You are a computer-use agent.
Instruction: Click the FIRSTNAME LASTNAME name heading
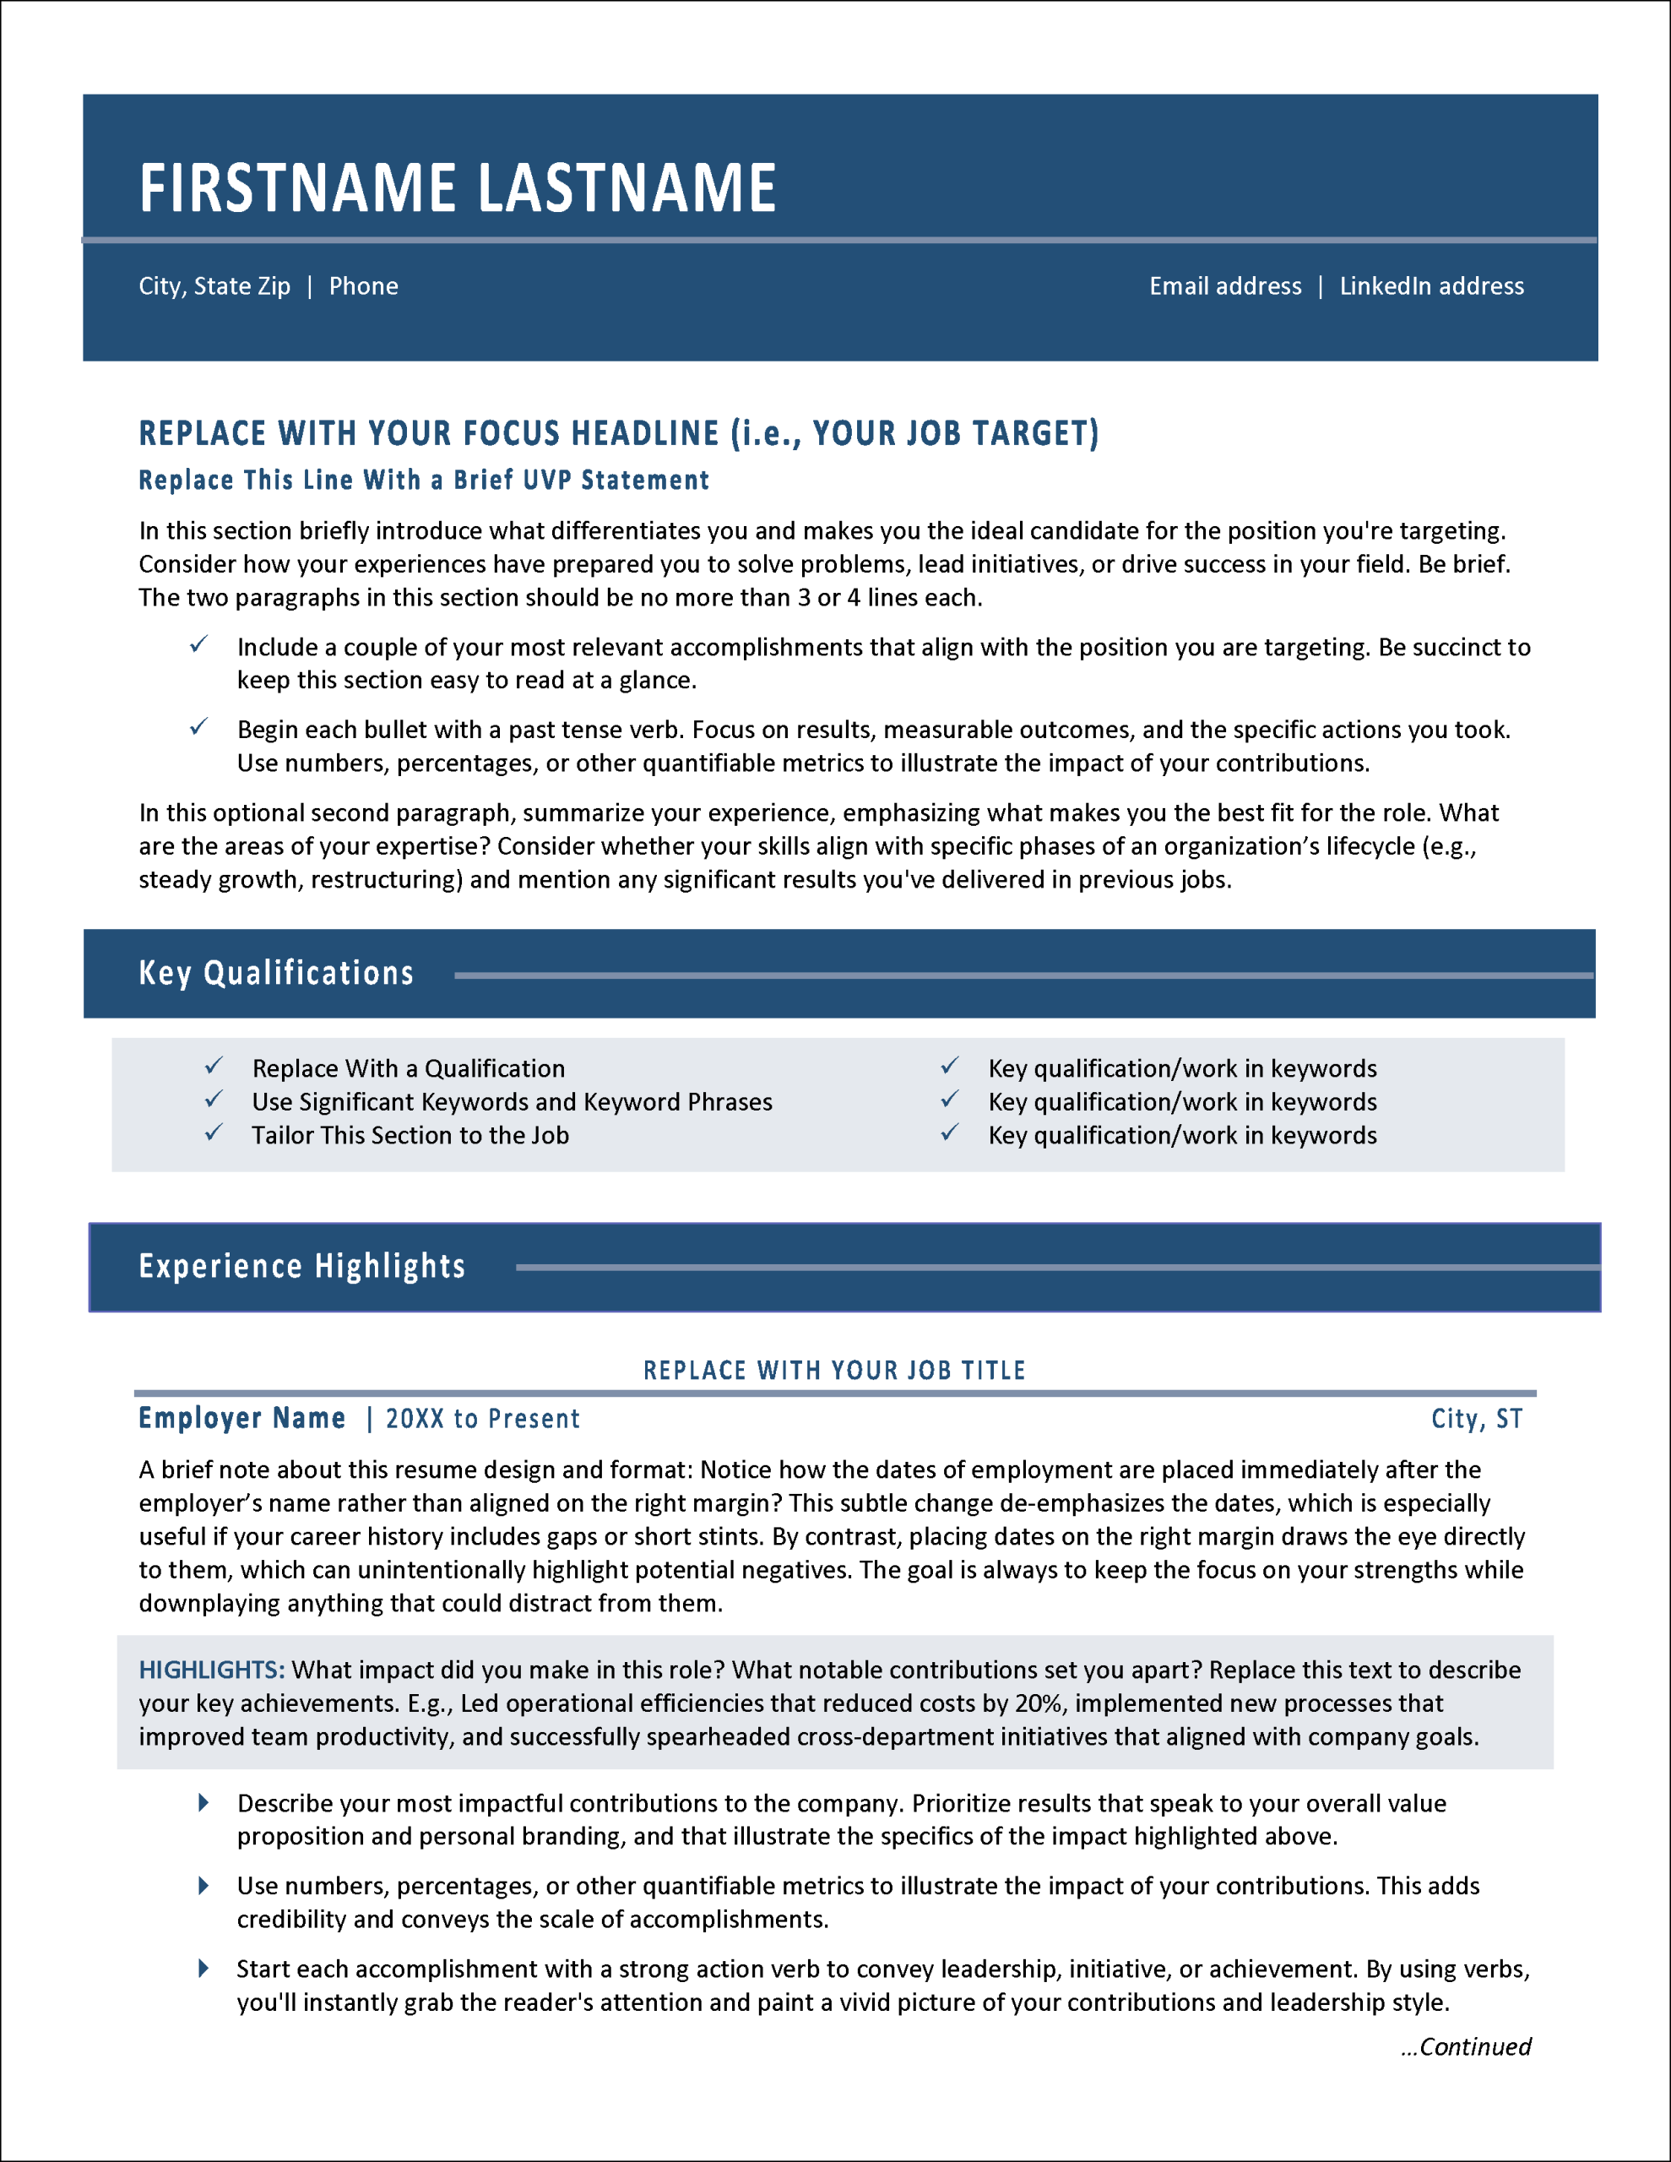[x=458, y=188]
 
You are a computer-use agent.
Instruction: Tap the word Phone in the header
[x=363, y=287]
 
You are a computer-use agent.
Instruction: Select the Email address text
[x=1224, y=287]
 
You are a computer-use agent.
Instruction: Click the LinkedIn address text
[x=1431, y=287]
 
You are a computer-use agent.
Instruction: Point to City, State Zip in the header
[x=214, y=287]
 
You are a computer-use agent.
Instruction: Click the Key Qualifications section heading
[x=276, y=973]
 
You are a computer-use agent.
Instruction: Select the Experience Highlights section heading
[x=302, y=1266]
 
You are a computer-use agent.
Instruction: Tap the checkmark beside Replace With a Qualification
[x=214, y=1066]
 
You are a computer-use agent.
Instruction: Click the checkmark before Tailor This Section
[x=214, y=1133]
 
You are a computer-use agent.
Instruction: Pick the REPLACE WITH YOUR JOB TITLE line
[x=834, y=1370]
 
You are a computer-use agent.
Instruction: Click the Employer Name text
[x=241, y=1419]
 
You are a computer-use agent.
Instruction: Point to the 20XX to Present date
[x=483, y=1420]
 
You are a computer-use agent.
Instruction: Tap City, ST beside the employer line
[x=1476, y=1420]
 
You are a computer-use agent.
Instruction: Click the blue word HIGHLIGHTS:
[x=212, y=1670]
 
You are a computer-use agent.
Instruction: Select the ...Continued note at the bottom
[x=1466, y=2046]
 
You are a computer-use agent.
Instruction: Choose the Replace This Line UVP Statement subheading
[x=424, y=480]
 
